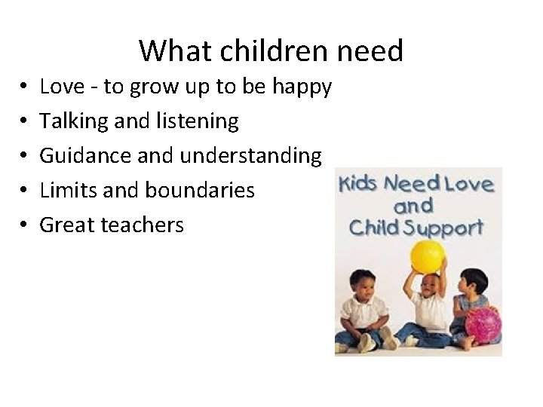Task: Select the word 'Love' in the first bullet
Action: pyautogui.click(x=62, y=87)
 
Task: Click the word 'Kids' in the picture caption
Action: pyautogui.click(x=358, y=184)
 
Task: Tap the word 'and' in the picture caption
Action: pyautogui.click(x=413, y=205)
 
